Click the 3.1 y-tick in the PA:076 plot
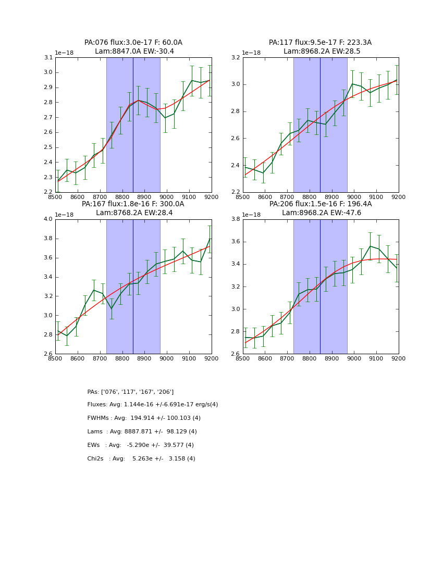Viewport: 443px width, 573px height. pos(48,57)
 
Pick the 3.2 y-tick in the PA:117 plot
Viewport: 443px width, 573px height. pos(236,57)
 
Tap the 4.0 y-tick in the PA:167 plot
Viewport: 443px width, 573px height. pos(48,219)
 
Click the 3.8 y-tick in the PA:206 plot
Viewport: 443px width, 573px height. pos(236,219)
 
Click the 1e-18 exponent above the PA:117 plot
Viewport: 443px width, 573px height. pos(251,53)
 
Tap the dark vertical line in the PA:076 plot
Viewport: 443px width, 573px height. pos(133,125)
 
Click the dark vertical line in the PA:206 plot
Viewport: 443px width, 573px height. pos(320,286)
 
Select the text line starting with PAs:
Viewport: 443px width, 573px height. pos(130,392)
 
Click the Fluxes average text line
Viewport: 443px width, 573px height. pos(153,405)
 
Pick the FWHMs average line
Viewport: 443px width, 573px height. pos(144,418)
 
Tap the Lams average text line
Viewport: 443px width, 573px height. pos(142,432)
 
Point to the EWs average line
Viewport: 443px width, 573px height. pos(141,445)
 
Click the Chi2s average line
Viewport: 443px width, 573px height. pos(141,459)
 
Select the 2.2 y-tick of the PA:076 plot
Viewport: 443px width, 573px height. pos(48,192)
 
